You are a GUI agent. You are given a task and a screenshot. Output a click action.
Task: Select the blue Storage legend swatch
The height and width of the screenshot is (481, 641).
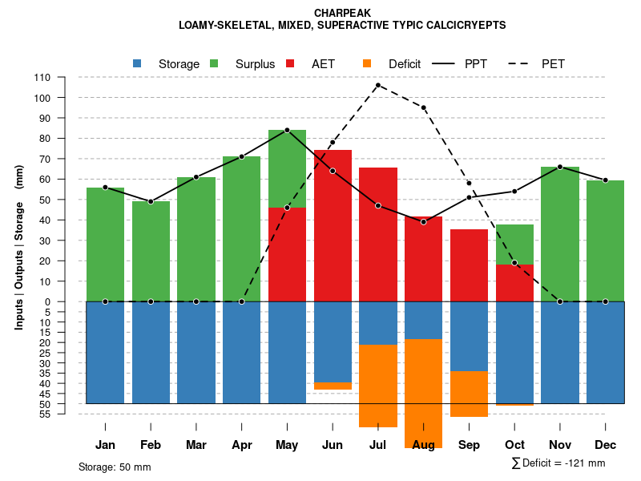(x=137, y=63)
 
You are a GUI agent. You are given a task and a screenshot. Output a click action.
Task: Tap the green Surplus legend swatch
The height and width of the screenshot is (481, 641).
(x=214, y=63)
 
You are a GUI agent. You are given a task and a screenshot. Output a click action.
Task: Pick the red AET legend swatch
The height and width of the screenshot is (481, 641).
(x=290, y=63)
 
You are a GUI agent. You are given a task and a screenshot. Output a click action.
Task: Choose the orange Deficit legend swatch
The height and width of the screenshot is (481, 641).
(x=367, y=63)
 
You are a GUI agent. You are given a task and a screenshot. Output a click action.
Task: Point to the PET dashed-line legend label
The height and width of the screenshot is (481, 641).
(x=554, y=63)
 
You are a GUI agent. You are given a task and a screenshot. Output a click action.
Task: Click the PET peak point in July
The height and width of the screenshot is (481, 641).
(x=377, y=85)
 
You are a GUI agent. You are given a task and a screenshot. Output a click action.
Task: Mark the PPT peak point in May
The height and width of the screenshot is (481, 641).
(x=287, y=130)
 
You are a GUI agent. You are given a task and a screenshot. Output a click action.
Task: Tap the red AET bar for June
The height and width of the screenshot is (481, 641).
(x=333, y=225)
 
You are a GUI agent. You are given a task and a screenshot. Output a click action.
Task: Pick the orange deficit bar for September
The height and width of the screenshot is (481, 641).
(x=469, y=394)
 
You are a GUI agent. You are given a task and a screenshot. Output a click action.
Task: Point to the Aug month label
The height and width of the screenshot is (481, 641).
(x=423, y=445)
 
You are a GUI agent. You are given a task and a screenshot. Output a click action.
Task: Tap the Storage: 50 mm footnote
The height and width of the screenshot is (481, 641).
(x=115, y=467)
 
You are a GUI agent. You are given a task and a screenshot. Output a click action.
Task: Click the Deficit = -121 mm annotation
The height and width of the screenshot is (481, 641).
(x=558, y=463)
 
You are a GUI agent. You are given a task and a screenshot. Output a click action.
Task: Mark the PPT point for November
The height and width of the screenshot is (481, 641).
(x=560, y=167)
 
